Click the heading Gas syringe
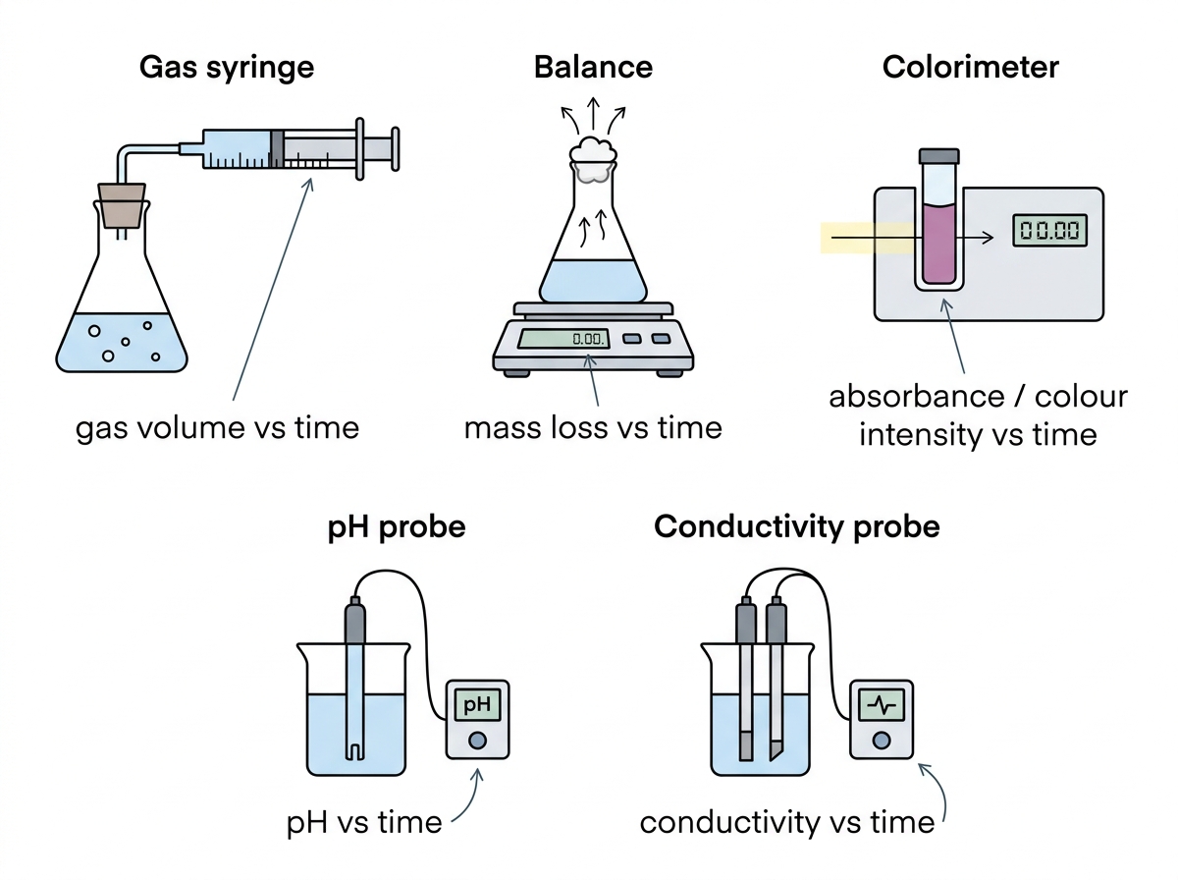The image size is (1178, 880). click(227, 68)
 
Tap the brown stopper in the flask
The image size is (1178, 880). click(122, 205)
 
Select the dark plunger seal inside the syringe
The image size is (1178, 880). click(277, 149)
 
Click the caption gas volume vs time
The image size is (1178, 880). click(217, 428)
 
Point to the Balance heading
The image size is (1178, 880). click(593, 68)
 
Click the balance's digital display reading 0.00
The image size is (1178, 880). click(563, 338)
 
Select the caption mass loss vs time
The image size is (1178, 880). click(593, 428)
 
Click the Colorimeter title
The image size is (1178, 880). click(970, 68)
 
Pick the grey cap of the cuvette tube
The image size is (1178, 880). click(938, 156)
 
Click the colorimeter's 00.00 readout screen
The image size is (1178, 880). click(1049, 231)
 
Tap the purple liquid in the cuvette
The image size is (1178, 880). click(938, 244)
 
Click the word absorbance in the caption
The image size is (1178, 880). click(917, 398)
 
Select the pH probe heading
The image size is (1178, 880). click(397, 527)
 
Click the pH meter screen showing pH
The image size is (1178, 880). click(477, 704)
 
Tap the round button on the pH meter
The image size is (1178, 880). click(477, 741)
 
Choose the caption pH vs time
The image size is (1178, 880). click(364, 823)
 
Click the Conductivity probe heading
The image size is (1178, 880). click(796, 526)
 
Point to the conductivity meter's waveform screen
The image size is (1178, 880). click(882, 704)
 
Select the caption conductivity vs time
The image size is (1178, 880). click(787, 823)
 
